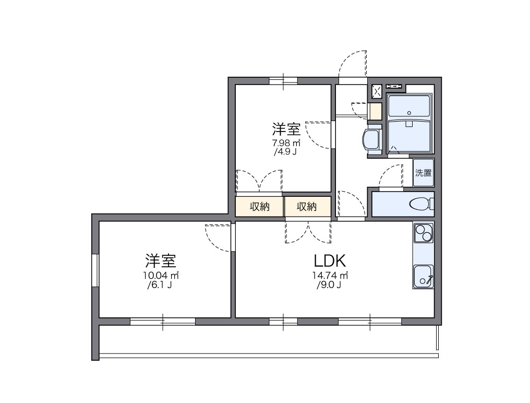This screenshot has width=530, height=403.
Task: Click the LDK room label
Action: click(x=330, y=260)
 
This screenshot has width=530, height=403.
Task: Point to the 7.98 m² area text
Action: click(x=286, y=142)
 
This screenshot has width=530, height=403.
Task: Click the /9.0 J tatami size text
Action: click(x=329, y=285)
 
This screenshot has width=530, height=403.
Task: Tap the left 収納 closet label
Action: click(x=259, y=207)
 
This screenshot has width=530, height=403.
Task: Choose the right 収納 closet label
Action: click(x=307, y=207)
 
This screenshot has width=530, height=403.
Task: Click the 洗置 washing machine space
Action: click(x=423, y=173)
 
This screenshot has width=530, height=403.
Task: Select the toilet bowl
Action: click(x=420, y=204)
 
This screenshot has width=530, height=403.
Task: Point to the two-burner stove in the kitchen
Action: click(x=423, y=233)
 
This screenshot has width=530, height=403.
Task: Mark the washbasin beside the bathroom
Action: click(x=372, y=139)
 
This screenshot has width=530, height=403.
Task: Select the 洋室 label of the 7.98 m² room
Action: click(x=286, y=128)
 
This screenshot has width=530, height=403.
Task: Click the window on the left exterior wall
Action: click(x=95, y=270)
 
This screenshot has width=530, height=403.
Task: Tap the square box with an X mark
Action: click(x=377, y=91)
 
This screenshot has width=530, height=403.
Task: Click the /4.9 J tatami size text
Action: click(x=285, y=152)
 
